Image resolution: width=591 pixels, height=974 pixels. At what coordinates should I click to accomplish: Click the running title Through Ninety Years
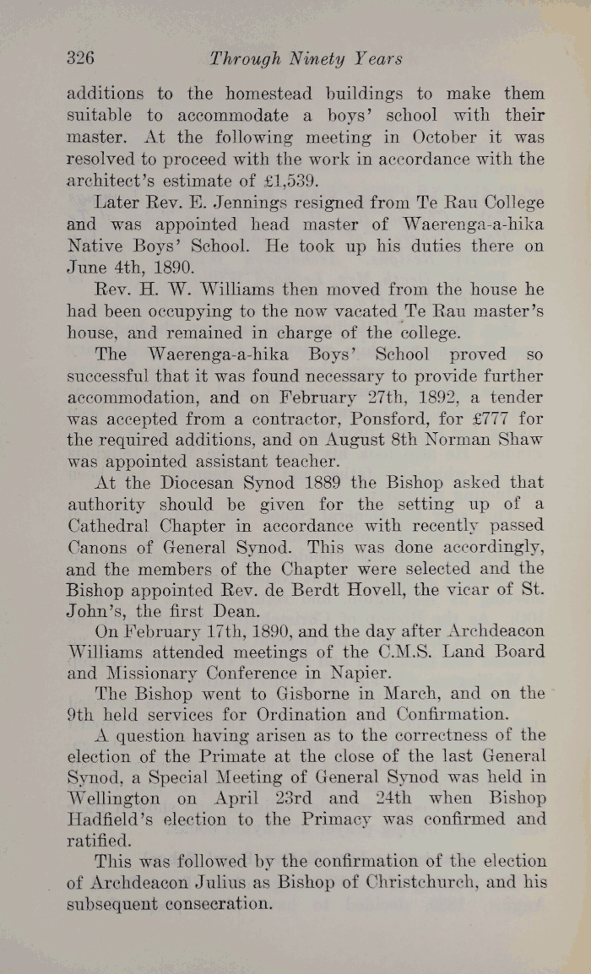click(306, 59)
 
